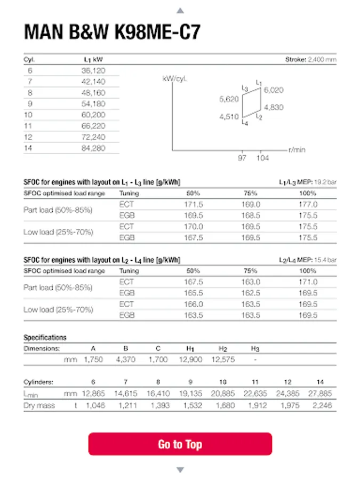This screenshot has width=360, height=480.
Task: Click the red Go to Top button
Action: coord(180,444)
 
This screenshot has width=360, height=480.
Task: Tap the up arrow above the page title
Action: coord(180,10)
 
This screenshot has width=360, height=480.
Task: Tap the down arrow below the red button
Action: coord(180,470)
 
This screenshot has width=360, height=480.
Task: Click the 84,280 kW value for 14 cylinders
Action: coord(94,148)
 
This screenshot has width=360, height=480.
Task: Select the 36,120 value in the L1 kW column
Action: coord(94,70)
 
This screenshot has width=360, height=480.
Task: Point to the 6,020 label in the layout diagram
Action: coord(273,90)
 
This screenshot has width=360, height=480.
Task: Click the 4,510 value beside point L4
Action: coord(229,117)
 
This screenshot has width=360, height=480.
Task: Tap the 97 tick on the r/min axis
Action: coord(243,158)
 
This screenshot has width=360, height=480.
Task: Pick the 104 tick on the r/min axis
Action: coord(262,158)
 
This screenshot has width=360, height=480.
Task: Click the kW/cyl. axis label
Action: coord(174,78)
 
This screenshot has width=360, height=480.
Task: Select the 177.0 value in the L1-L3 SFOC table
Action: coord(308,204)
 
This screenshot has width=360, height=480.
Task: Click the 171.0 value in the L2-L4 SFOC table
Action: coord(308,282)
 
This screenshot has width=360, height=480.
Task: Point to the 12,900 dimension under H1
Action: coord(190,359)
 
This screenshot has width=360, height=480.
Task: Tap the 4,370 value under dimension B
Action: coord(125,359)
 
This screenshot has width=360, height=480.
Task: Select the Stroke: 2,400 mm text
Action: coord(311,60)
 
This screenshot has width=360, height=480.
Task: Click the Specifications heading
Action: coord(45,338)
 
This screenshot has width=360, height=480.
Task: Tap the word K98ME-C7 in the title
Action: coord(158,33)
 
